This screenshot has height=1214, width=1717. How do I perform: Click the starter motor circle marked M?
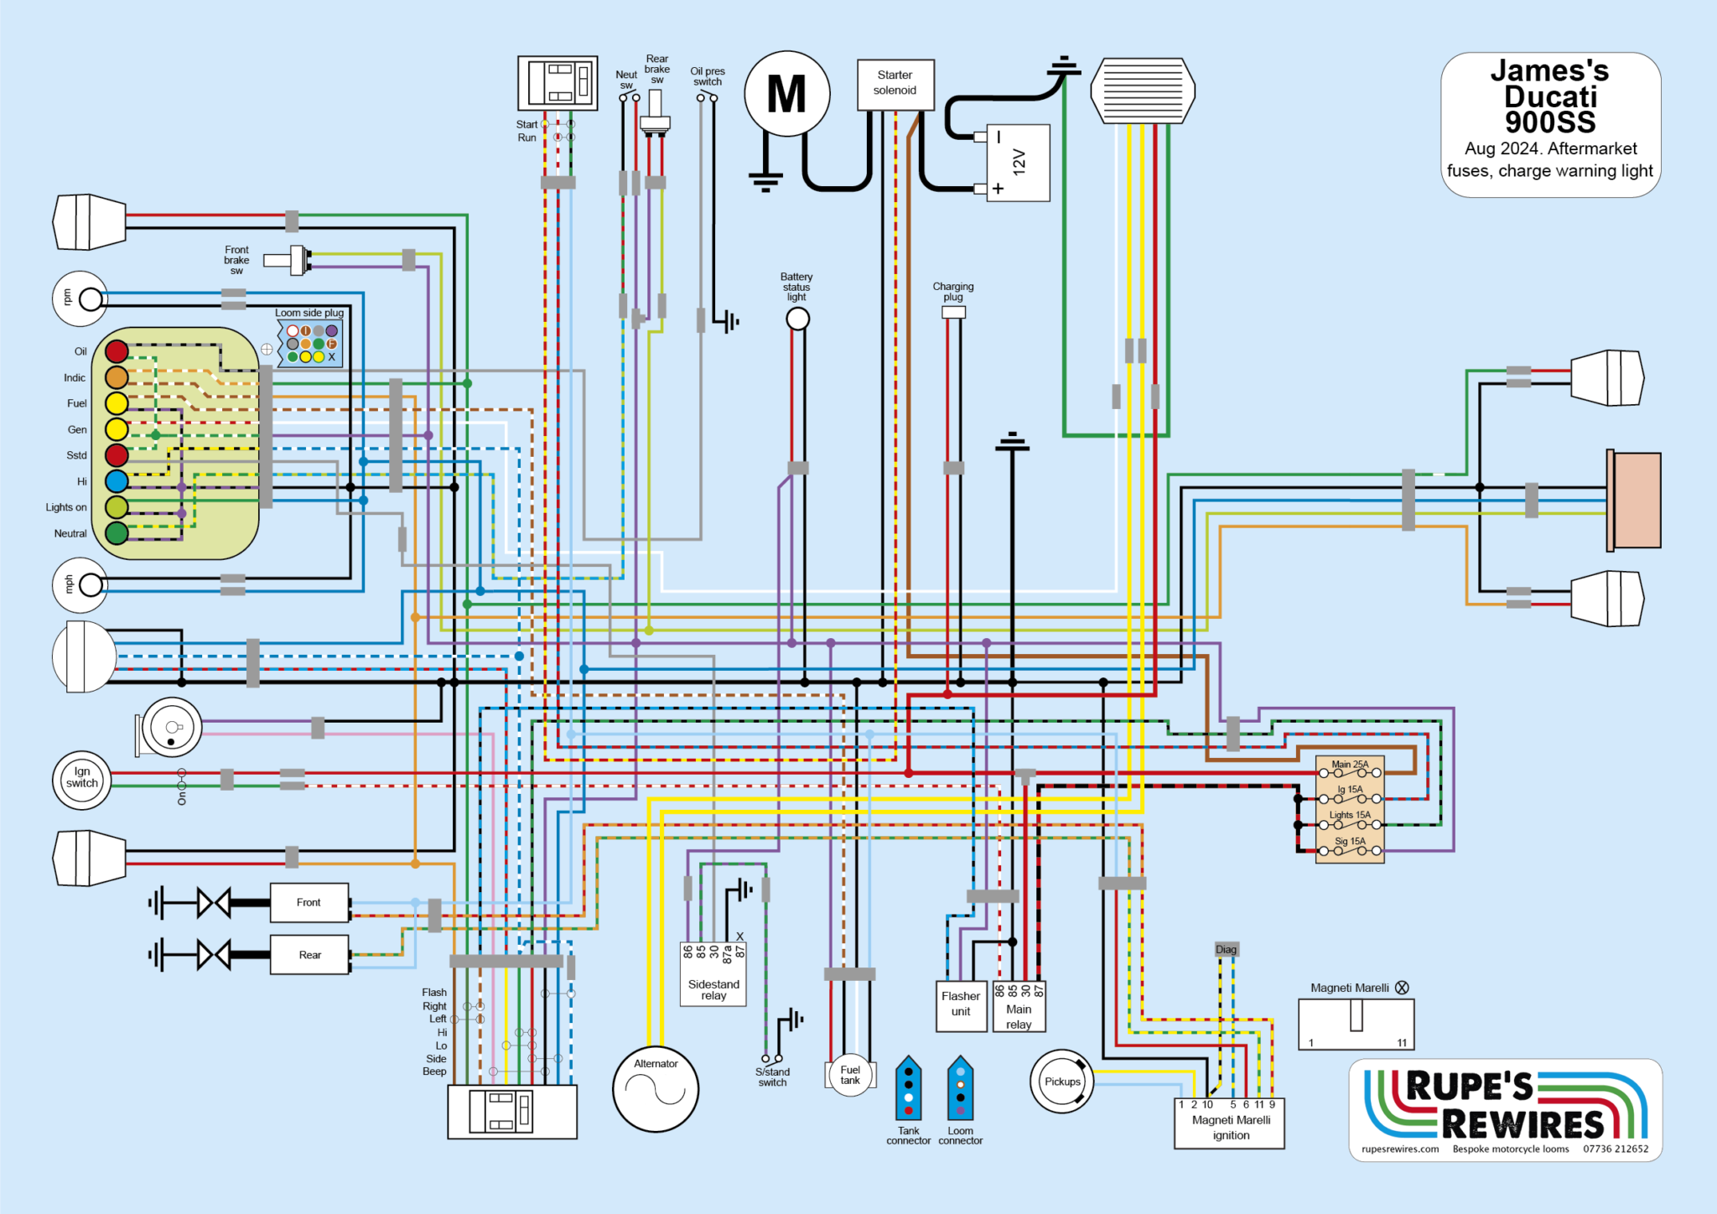(x=787, y=93)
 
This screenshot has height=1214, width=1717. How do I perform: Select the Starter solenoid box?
(x=895, y=84)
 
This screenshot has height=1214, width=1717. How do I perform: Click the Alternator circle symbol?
(x=656, y=1088)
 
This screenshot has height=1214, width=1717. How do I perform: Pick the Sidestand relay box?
(x=713, y=974)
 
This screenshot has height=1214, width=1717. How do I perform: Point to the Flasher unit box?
(x=961, y=1005)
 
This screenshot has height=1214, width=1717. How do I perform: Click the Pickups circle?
(x=1062, y=1082)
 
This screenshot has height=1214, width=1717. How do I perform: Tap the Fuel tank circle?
(x=850, y=1075)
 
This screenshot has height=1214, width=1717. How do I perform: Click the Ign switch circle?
(x=82, y=779)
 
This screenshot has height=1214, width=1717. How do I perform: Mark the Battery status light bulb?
(x=797, y=319)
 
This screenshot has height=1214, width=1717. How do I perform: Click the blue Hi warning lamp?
(x=117, y=481)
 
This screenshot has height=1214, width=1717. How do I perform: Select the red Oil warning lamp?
(x=117, y=351)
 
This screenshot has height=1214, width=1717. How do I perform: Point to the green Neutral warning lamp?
(x=117, y=532)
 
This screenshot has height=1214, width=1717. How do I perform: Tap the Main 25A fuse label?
(x=1350, y=764)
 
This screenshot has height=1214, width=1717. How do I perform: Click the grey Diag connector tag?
(x=1226, y=949)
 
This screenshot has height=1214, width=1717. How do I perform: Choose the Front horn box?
(x=309, y=903)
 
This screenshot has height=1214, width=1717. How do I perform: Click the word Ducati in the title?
(x=1550, y=96)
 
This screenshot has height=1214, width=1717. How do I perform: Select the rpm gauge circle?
(x=80, y=298)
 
